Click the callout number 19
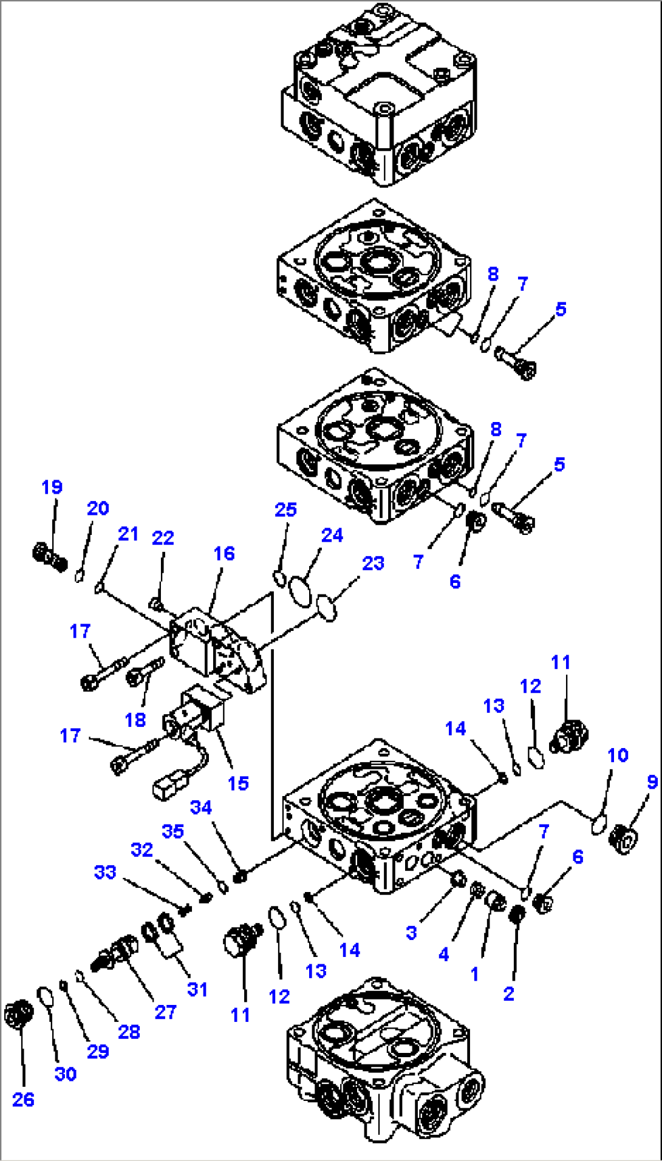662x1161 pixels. point(52,487)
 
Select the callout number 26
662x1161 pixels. point(23,1099)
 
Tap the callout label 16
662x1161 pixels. point(224,553)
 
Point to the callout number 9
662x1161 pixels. point(652,782)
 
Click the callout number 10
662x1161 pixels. point(617,755)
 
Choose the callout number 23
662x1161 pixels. point(373,563)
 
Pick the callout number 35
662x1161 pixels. point(172,831)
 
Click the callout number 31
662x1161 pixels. point(197,989)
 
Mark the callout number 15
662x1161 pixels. point(237,783)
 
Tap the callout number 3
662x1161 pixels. point(411,933)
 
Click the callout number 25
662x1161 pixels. point(285,509)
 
